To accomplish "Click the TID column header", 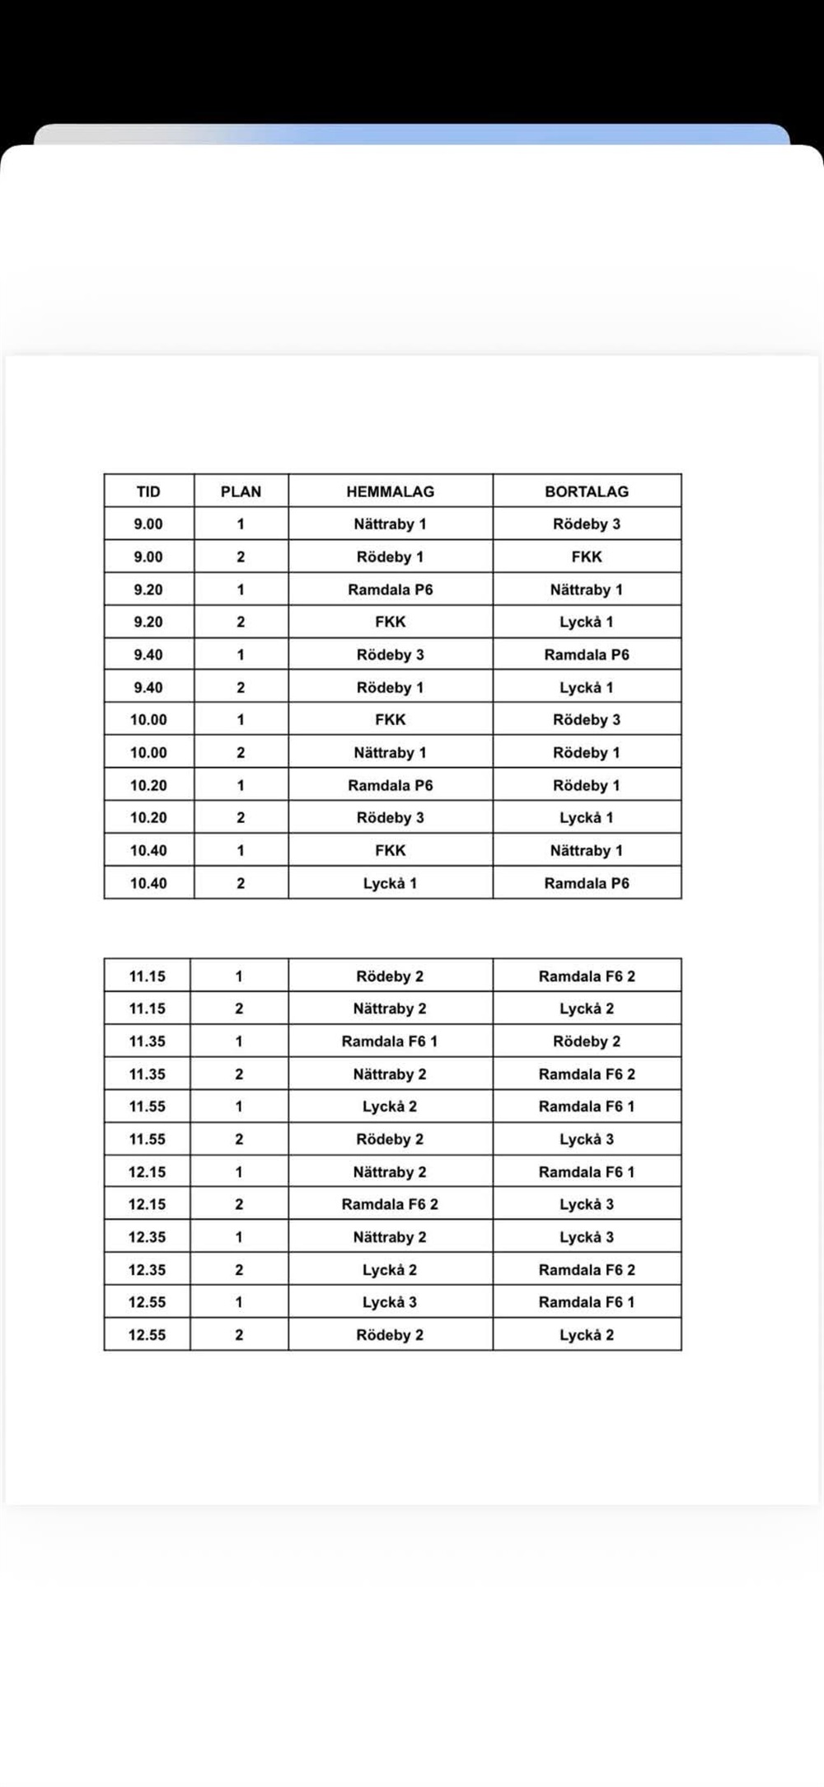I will [148, 491].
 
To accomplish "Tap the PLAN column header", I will [241, 491].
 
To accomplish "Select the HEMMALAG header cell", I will [390, 491].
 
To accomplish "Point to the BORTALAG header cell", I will [587, 491].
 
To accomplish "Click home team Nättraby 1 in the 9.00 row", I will [390, 524].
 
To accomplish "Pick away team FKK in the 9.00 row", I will [587, 557].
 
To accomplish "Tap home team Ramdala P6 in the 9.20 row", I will [390, 590].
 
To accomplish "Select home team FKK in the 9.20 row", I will [390, 622].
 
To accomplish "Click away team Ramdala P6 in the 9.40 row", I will [587, 655].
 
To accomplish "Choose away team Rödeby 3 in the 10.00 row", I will [587, 720].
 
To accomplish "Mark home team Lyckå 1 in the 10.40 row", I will [390, 883].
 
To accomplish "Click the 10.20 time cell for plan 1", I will [148, 785].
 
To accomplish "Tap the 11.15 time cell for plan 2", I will [147, 1009].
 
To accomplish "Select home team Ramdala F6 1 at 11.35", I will [390, 1042].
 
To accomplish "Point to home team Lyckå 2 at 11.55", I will [390, 1107].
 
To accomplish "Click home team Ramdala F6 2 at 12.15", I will [390, 1204].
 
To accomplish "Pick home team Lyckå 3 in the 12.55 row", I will [390, 1302].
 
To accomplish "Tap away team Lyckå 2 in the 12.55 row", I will [587, 1335].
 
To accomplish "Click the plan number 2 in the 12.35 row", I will [239, 1270].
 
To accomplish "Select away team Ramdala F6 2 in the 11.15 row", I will [587, 976].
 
